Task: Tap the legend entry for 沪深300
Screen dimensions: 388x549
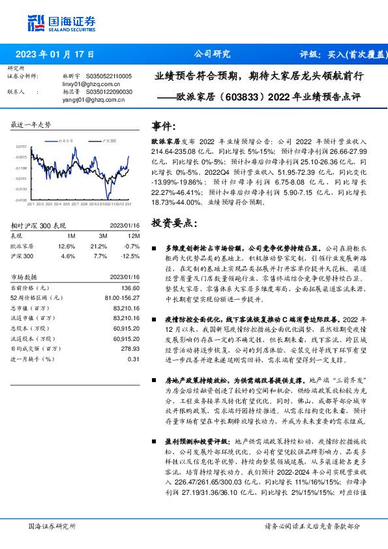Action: pos(110,140)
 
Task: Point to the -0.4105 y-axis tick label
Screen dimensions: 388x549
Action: pos(22,200)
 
